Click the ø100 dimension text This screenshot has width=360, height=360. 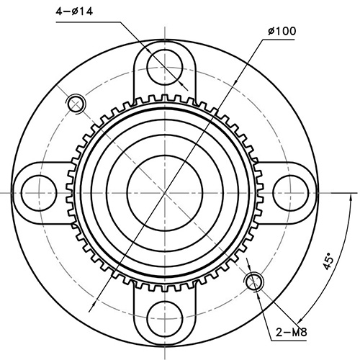click(x=282, y=32)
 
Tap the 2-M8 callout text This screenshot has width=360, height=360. click(x=293, y=333)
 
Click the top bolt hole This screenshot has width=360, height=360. click(x=166, y=67)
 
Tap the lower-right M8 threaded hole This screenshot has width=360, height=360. click(x=254, y=281)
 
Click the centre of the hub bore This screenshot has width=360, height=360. click(x=165, y=192)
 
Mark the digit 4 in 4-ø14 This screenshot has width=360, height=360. click(x=59, y=12)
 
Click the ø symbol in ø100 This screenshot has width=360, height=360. click(x=271, y=32)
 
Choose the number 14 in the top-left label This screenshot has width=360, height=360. click(x=89, y=12)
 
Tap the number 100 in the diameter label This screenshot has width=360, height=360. click(x=286, y=32)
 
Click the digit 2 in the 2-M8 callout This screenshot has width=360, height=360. click(x=279, y=333)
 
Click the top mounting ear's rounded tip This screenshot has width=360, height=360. click(x=166, y=45)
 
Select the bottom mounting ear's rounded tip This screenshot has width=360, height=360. click(x=166, y=339)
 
